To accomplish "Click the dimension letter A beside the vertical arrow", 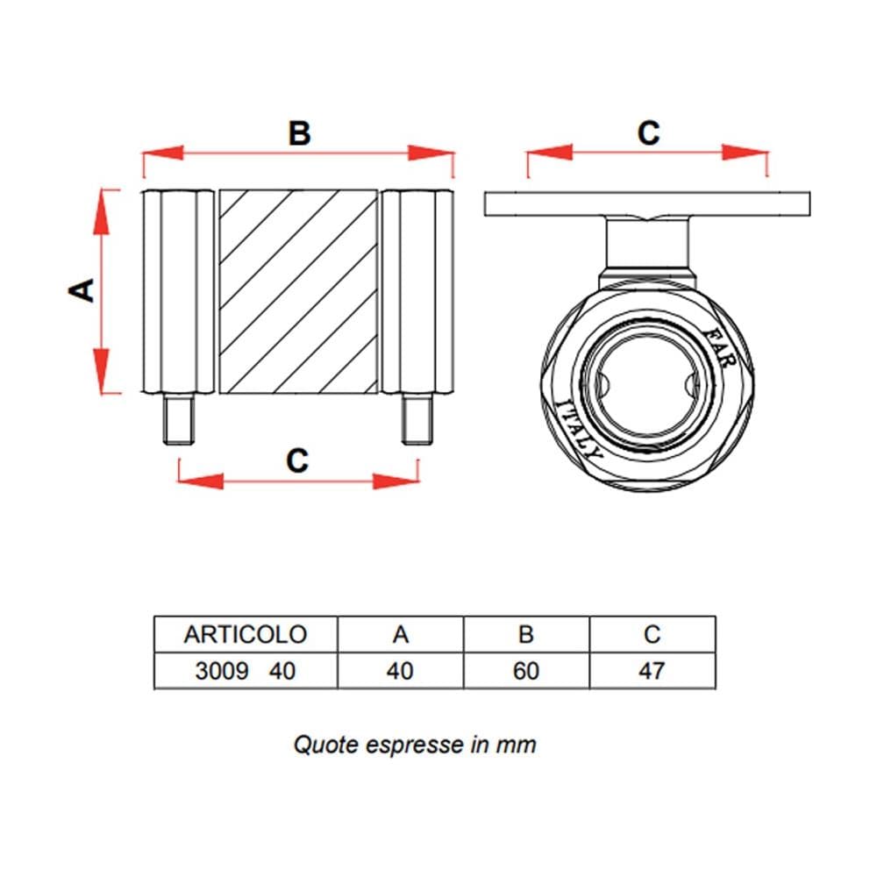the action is (82, 290).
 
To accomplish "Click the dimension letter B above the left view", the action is (299, 133).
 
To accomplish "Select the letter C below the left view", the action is (297, 460).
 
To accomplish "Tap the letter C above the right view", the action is (648, 133).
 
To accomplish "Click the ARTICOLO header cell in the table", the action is (246, 634).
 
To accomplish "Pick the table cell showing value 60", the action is (526, 671).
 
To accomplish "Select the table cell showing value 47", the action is (652, 671).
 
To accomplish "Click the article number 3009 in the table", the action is (222, 671).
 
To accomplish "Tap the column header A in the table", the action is (401, 634).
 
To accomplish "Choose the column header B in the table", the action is (526, 634).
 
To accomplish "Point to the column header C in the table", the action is (652, 634).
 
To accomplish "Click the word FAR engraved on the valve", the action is (720, 347).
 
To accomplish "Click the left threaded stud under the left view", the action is (178, 418).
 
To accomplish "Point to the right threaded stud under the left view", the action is (417, 418).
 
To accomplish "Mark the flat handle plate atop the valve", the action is (647, 204).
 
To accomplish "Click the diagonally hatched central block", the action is (298, 291).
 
